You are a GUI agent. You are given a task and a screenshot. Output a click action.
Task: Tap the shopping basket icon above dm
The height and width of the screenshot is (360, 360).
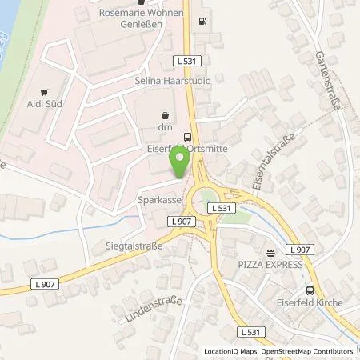pyautogui.click(x=165, y=114)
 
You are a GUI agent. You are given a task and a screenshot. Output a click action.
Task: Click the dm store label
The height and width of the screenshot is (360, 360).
pyautogui.click(x=165, y=127)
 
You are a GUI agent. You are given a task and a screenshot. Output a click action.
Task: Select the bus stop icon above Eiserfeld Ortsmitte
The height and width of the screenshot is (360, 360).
pyautogui.click(x=187, y=137)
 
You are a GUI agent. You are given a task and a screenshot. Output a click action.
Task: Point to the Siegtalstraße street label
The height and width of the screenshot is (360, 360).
pyautogui.click(x=129, y=246)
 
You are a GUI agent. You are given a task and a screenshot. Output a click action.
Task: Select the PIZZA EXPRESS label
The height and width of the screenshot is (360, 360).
pyautogui.click(x=270, y=264)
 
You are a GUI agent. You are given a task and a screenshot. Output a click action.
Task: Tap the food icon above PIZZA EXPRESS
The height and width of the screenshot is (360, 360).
pyautogui.click(x=270, y=250)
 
